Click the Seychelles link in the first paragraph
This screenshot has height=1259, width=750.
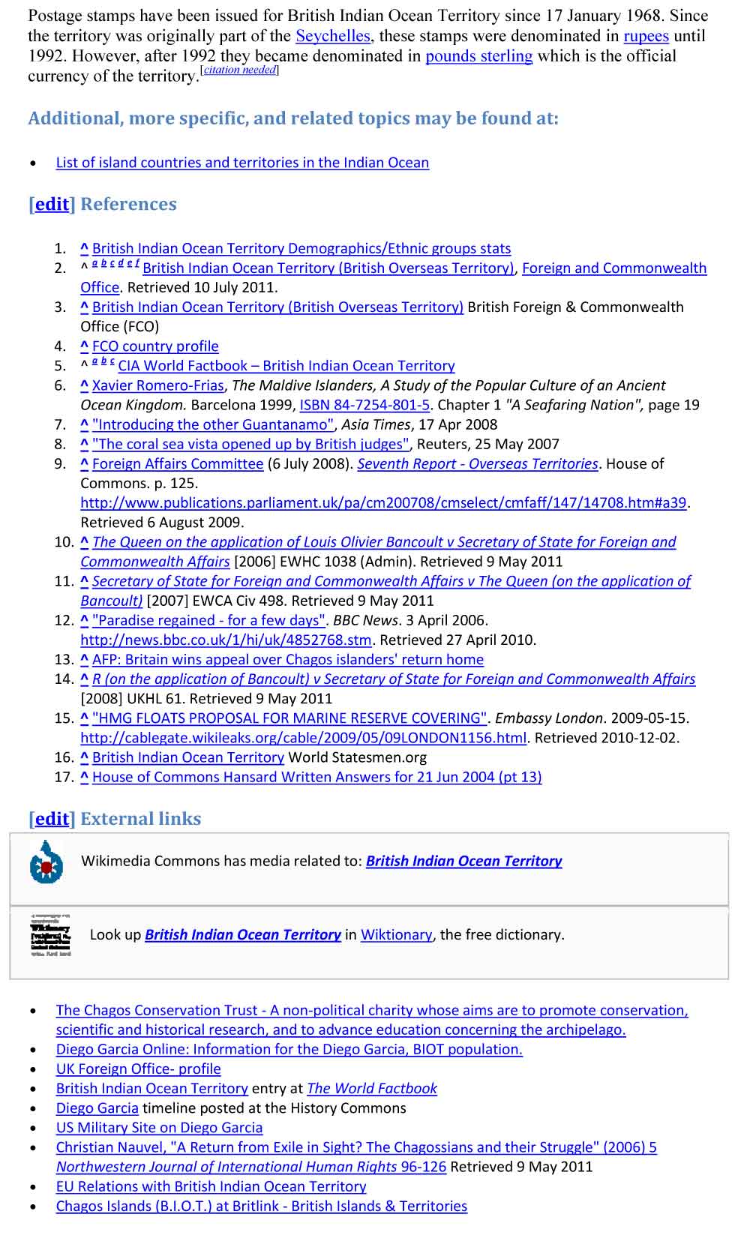(333, 36)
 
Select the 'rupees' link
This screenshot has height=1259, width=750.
(646, 36)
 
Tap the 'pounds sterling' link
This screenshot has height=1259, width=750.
(478, 56)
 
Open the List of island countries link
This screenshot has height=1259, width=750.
(242, 163)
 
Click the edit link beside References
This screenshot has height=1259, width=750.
(52, 205)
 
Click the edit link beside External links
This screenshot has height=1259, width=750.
(52, 819)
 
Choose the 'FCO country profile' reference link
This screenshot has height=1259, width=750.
(155, 346)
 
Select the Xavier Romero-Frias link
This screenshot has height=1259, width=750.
(157, 385)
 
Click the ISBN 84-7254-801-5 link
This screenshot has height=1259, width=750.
(364, 405)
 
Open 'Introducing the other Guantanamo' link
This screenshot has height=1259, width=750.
(213, 424)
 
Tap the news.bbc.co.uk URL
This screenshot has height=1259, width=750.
(226, 640)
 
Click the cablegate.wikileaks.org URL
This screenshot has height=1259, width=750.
(303, 738)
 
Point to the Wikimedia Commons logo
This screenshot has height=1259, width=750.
(46, 862)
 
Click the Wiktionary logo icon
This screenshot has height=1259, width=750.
(50, 935)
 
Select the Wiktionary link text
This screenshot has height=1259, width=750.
(396, 935)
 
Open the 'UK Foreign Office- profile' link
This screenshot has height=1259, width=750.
(138, 1069)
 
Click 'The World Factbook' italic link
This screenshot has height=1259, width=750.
(372, 1089)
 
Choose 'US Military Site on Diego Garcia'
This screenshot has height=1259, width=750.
(159, 1128)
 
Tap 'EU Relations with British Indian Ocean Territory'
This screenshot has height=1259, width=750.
(211, 1186)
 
